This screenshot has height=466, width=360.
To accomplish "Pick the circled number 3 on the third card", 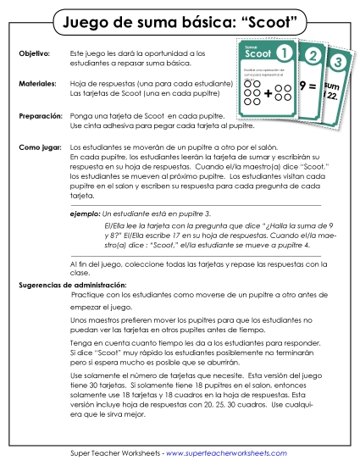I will point(339,63).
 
